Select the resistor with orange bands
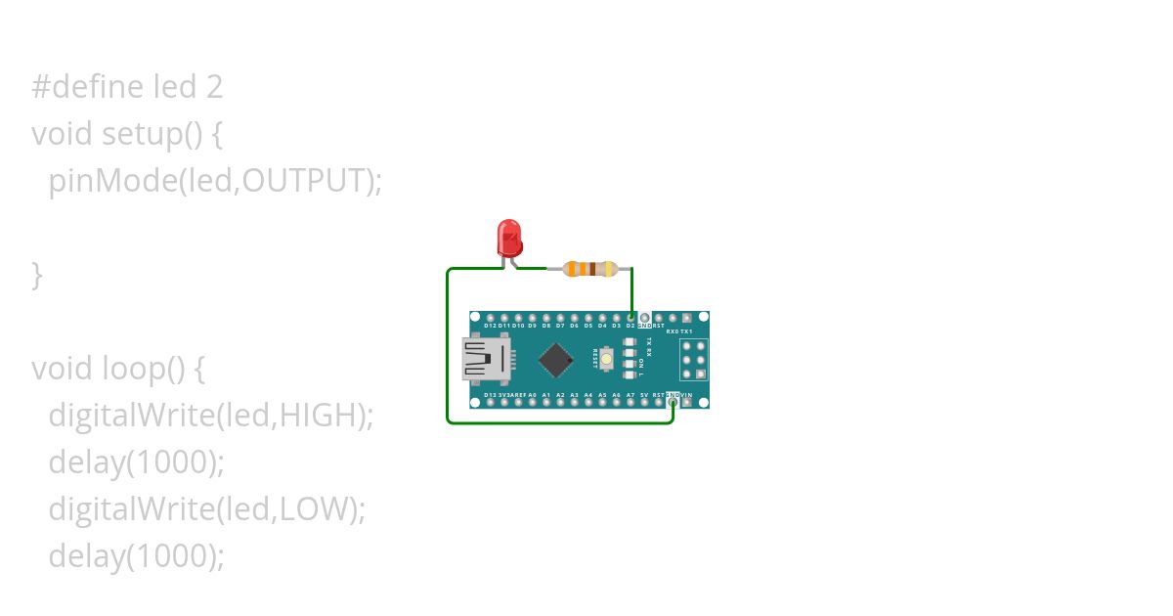(590, 268)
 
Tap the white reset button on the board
(608, 360)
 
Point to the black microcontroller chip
(555, 360)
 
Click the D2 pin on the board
(630, 319)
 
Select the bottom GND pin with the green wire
(673, 402)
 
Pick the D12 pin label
(490, 326)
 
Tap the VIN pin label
(687, 394)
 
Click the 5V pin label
(644, 394)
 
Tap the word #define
(88, 87)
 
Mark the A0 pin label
(532, 394)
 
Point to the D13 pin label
(490, 394)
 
